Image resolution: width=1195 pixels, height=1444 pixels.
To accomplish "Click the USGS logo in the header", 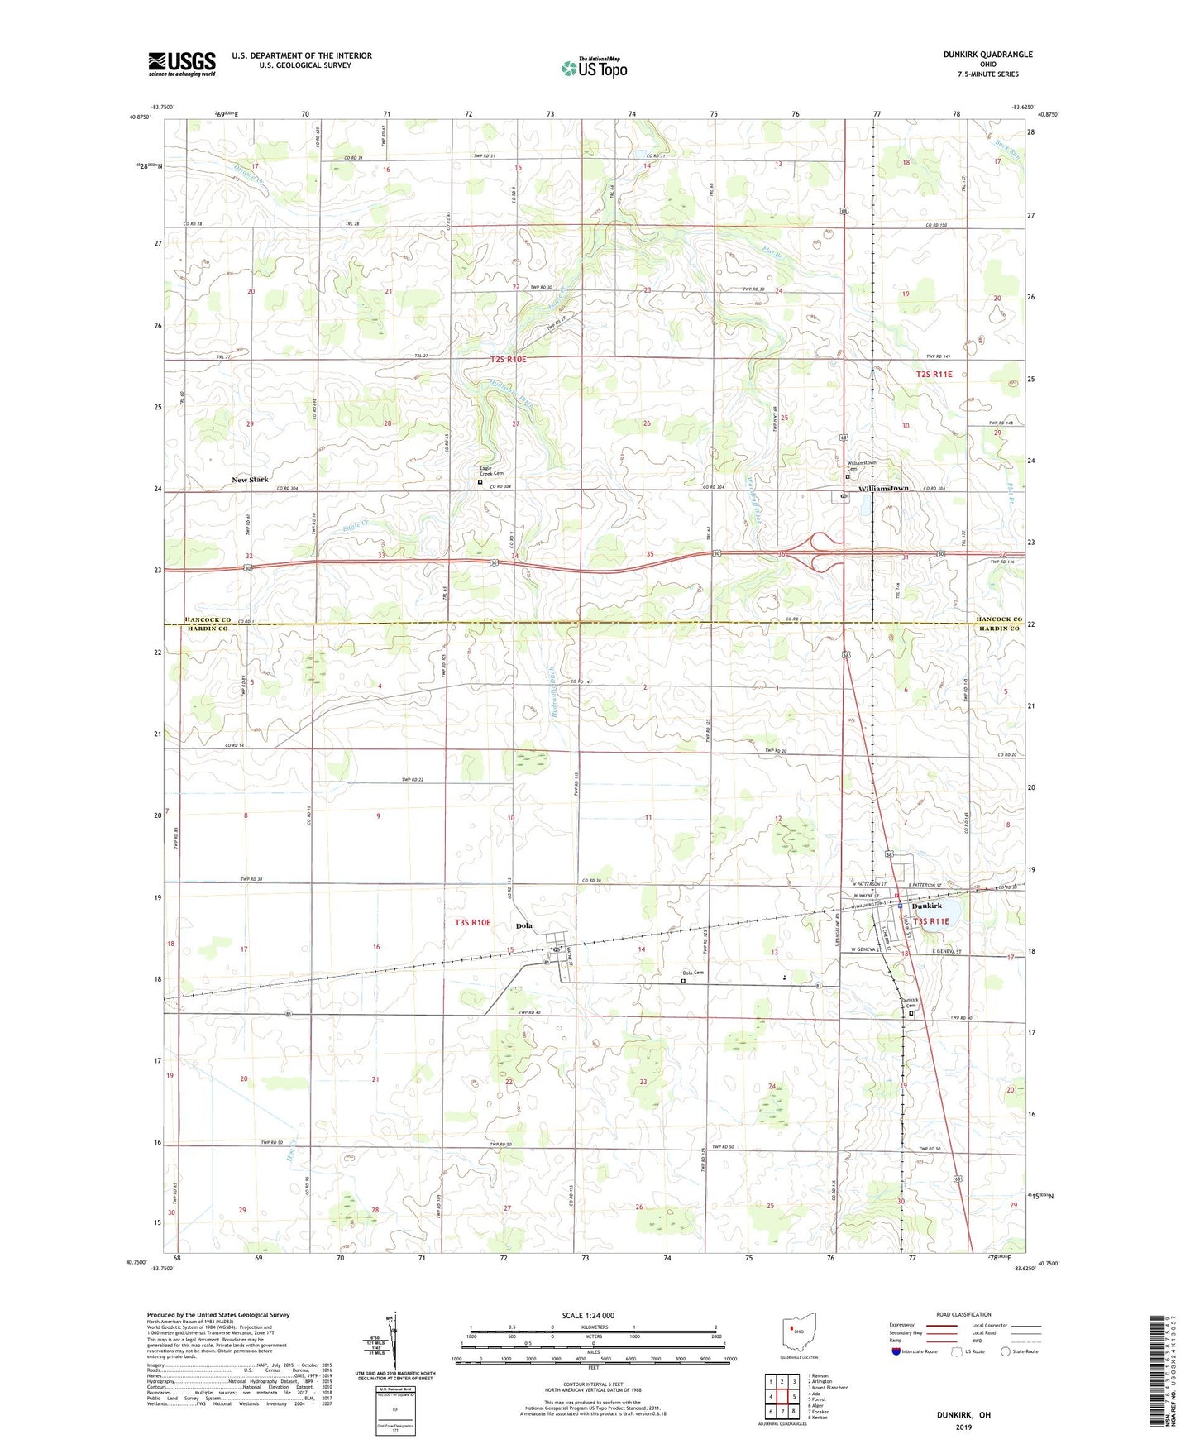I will (182, 63).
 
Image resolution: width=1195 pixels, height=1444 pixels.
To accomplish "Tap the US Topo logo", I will (594, 68).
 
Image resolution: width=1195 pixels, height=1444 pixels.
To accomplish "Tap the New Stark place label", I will (250, 480).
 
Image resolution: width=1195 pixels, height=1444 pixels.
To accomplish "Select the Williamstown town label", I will (883, 489).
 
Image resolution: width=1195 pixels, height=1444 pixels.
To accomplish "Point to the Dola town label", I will (523, 925).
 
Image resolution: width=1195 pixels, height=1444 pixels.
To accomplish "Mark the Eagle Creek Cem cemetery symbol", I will (480, 481).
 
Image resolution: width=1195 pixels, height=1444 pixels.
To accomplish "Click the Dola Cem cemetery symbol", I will (683, 981).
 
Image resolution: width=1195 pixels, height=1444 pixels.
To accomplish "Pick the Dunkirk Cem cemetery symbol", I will (911, 1013).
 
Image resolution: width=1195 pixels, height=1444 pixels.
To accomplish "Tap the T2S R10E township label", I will (508, 360).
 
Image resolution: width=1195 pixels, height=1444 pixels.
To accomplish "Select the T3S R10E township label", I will (472, 922).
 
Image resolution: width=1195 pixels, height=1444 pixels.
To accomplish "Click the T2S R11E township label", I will (934, 375).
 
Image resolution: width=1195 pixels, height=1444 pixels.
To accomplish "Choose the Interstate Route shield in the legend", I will (897, 1351).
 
